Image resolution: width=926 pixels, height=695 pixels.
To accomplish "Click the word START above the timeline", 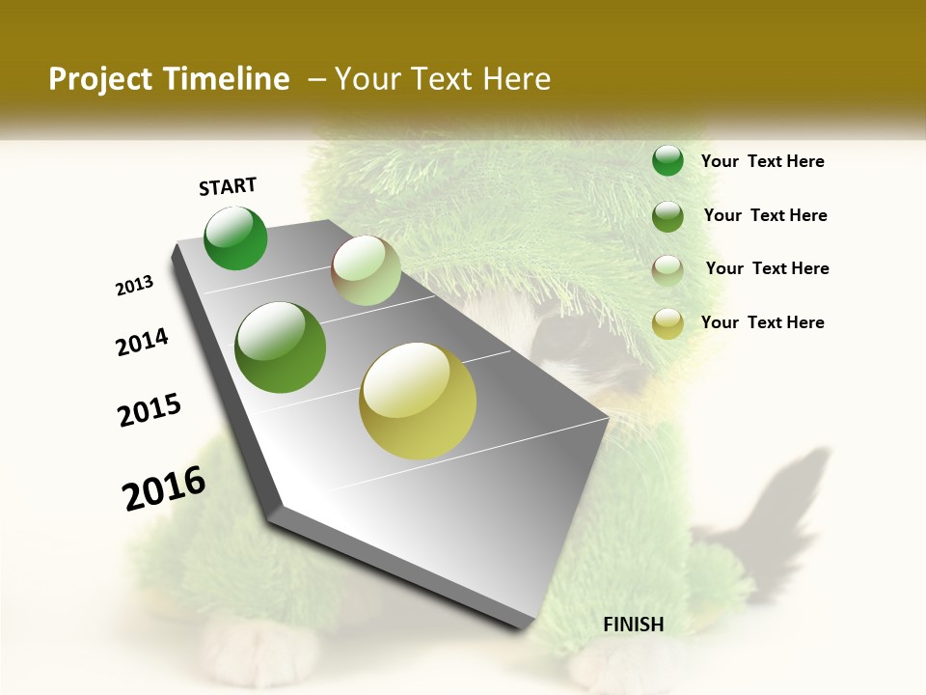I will pos(228,186).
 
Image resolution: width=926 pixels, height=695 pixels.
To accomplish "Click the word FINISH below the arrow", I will pos(633,625).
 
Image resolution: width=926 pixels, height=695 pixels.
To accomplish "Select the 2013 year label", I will pos(134,286).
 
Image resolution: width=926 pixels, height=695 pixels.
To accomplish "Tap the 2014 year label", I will pos(142,342).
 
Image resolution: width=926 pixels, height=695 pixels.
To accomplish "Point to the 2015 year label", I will pos(150,410).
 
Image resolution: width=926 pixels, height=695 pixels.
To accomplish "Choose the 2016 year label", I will pos(164,488).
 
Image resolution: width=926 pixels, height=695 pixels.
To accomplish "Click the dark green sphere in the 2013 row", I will pos(235,238).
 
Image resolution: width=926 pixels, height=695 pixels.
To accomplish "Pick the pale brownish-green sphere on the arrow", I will pos(366,270).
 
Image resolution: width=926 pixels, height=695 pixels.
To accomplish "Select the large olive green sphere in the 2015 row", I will pos(281,347).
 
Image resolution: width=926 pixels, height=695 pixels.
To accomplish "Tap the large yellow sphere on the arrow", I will pos(418,401).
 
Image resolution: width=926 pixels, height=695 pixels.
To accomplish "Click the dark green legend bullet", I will pos(667,161).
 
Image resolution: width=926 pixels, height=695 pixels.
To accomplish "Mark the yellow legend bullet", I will pos(667,323).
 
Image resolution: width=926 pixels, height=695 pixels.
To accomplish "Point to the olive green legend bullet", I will pos(667,216).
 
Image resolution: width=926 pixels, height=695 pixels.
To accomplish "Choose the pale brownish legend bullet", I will pos(667,269).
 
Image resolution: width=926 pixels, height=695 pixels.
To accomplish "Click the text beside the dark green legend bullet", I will pos(762,161).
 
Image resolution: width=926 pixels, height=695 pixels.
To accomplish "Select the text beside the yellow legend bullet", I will pos(762,322).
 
